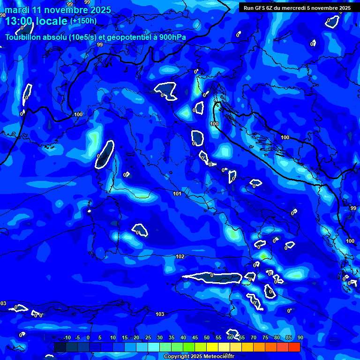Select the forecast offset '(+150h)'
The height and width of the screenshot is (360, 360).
pyautogui.click(x=83, y=21)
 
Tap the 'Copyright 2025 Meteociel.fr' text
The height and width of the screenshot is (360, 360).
pyautogui.click(x=199, y=357)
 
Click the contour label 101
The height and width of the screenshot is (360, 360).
pyautogui.click(x=177, y=194)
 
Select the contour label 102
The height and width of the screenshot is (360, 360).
pyautogui.click(x=180, y=256)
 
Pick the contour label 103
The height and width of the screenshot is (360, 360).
pyautogui.click(x=160, y=314)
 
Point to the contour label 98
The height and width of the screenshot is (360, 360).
pyautogui.click(x=3, y=15)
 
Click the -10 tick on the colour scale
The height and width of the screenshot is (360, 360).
pyautogui.click(x=67, y=338)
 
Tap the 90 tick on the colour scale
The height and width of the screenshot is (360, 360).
pyautogui.click(x=300, y=338)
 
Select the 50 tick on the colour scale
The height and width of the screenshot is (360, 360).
pyautogui.click(x=207, y=338)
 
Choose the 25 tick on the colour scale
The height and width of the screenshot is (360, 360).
pyautogui.click(x=148, y=338)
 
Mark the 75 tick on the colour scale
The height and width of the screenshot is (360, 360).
pyautogui.click(x=265, y=338)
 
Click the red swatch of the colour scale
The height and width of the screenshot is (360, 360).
pyautogui.click(x=294, y=347)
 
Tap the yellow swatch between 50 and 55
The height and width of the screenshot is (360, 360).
pyautogui.click(x=212, y=347)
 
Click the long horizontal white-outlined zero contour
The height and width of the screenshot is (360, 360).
pyautogui.click(x=212, y=278)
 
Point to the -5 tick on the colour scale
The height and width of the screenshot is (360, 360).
pyautogui.click(x=77, y=338)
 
